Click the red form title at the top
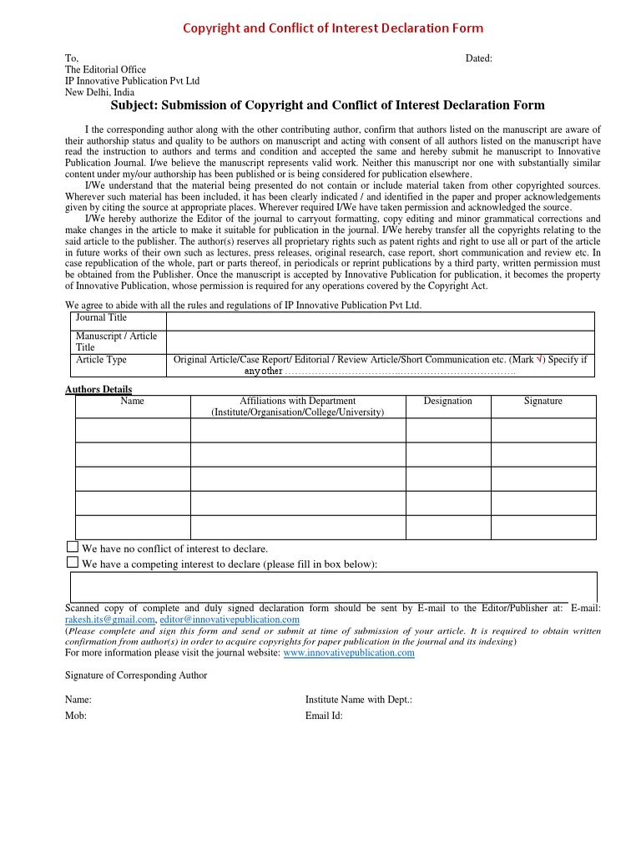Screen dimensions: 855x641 pos(332,28)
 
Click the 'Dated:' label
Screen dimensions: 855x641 pos(478,58)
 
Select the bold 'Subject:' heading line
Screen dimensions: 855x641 pos(328,105)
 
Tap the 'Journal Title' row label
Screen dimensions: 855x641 pos(101,318)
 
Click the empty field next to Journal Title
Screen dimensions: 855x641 pos(380,321)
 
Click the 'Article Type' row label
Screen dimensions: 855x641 pos(101,360)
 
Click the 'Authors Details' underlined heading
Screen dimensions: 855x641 pos(98,389)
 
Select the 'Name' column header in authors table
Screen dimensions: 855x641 pos(133,401)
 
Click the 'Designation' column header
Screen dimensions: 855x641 pos(447,401)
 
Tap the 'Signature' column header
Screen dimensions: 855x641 pos(543,401)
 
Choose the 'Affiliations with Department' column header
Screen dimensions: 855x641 pos(298,407)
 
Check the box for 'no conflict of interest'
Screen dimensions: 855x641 pos(72,547)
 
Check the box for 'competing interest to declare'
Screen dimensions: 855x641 pos(72,563)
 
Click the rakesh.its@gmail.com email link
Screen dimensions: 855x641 pos(110,620)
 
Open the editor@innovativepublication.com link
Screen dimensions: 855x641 pos(230,620)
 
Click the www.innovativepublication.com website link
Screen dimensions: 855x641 pos(349,653)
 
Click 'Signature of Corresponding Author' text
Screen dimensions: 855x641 pos(136,675)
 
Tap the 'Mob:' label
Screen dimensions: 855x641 pos(76,716)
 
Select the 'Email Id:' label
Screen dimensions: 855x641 pos(324,716)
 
